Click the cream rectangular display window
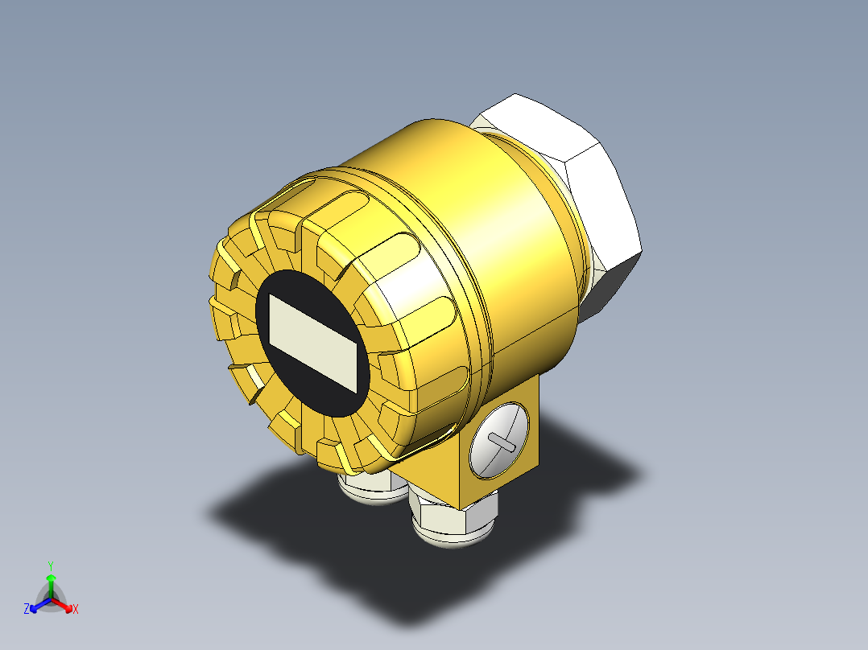(x=312, y=343)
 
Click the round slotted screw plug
(x=498, y=440)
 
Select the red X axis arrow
(x=63, y=605)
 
